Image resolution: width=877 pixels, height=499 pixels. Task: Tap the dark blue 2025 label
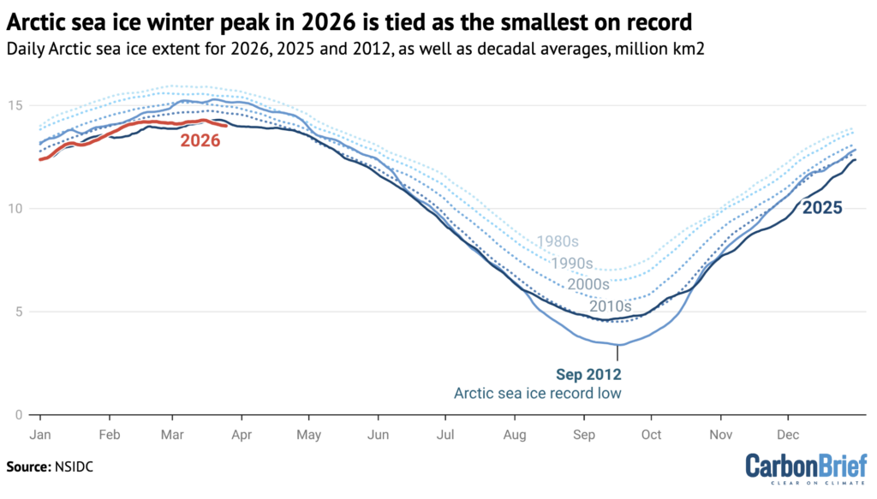pyautogui.click(x=821, y=207)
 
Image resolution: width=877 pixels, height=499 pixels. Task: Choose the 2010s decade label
pyautogui.click(x=610, y=306)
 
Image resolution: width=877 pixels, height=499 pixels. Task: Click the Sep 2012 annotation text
pyautogui.click(x=588, y=374)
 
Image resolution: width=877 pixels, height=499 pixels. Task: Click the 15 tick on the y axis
pyautogui.click(x=20, y=105)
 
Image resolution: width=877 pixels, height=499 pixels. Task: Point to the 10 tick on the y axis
pyautogui.click(x=20, y=209)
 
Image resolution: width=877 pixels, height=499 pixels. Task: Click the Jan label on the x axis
pyautogui.click(x=40, y=435)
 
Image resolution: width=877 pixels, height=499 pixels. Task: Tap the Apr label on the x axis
pyautogui.click(x=242, y=435)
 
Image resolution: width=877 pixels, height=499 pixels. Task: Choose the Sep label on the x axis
pyautogui.click(x=584, y=435)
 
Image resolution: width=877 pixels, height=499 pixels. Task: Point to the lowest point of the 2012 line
pyautogui.click(x=617, y=345)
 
